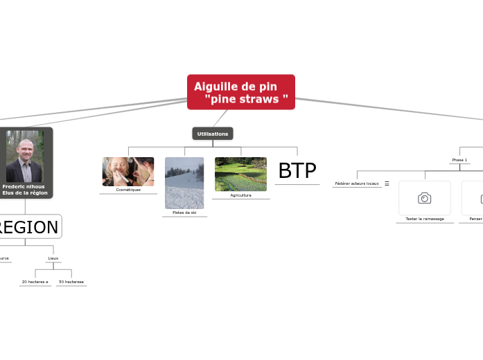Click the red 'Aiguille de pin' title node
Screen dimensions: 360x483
240,92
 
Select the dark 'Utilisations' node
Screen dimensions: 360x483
213,134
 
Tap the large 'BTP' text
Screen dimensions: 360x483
297,171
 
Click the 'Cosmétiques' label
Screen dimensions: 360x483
128,190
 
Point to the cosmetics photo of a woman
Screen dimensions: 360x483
128,172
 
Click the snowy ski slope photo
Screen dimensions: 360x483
184,183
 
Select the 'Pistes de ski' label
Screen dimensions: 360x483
184,213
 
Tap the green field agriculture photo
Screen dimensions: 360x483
240,174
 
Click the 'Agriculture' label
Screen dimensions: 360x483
240,195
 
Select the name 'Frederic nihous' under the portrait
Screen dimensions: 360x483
25,186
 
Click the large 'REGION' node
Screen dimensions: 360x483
28,227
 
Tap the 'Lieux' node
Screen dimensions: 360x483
53,258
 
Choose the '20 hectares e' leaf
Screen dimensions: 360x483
35,282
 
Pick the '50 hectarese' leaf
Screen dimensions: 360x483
71,282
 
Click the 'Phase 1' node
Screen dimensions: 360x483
459,160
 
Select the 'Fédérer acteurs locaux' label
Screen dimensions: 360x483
357,183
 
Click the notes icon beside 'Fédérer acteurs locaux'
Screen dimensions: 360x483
387,183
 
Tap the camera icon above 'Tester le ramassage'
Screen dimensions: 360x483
425,198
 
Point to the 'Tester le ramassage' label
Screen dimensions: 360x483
425,219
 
